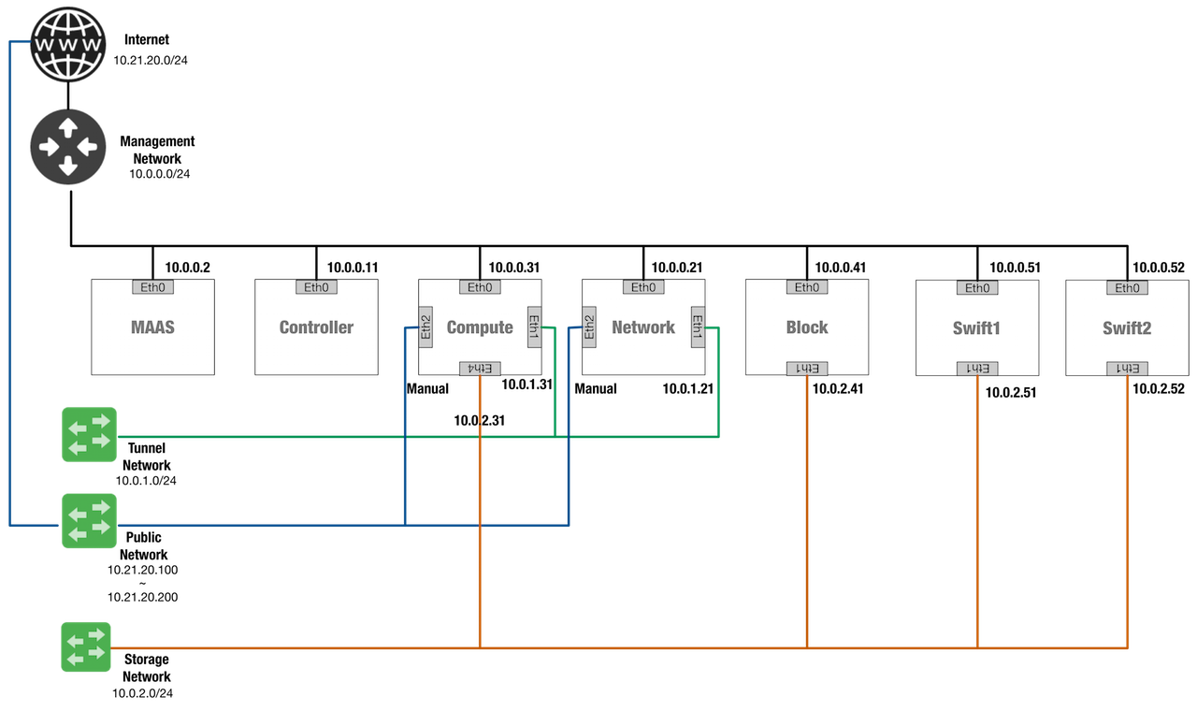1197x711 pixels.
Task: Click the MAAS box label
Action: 152,327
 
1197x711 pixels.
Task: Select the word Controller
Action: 316,327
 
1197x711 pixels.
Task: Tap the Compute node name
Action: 480,327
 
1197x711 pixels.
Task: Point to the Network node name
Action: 643,327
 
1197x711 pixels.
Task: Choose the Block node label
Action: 806,327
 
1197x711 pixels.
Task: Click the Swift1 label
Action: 976,328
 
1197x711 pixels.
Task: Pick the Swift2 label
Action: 1127,328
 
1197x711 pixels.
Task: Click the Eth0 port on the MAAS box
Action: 152,287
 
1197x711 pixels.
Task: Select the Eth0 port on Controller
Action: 316,287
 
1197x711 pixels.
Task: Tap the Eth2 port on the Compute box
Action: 425,326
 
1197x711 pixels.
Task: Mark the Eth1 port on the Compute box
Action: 534,326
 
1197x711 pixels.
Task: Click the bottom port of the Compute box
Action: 480,368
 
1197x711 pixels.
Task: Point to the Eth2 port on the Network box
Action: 589,326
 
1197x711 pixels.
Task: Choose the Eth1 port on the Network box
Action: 698,326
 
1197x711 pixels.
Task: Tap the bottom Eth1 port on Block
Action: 806,368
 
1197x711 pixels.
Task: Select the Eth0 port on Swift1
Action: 977,288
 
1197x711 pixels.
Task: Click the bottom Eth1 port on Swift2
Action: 1127,369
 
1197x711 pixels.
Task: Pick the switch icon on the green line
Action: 89,434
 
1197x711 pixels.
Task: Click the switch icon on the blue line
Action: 89,521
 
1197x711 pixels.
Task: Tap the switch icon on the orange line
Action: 87,646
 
